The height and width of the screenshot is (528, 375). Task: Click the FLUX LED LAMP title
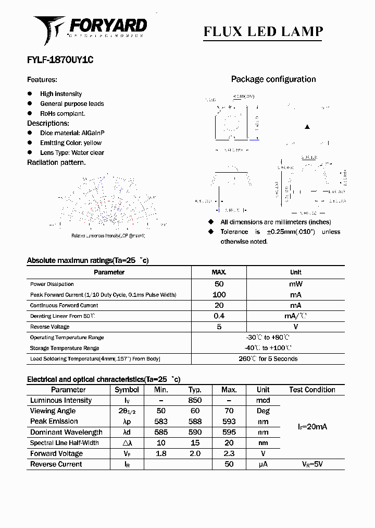(263, 32)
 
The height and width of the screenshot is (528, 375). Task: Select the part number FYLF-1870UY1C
(60, 60)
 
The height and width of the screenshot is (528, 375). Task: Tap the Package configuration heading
(273, 79)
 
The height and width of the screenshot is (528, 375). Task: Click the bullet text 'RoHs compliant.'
(63, 113)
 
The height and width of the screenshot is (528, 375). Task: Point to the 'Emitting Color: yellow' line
(71, 143)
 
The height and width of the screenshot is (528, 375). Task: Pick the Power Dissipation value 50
(219, 284)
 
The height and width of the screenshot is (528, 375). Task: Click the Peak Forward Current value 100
(219, 295)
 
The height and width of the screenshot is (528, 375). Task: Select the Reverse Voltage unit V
(295, 327)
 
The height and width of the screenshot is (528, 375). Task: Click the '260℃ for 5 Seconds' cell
(268, 359)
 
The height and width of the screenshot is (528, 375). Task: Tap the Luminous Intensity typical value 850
(195, 401)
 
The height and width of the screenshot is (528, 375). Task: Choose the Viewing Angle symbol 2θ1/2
(127, 411)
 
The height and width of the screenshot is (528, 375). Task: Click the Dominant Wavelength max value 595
(229, 433)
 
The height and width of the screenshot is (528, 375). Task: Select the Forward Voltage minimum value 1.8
(161, 454)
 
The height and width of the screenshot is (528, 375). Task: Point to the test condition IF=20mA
(312, 427)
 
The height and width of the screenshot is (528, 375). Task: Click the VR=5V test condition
(312, 464)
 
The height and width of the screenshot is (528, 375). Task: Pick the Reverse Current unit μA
(263, 464)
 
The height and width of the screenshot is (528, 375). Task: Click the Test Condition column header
(312, 390)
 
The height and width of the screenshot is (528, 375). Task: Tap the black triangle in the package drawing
(307, 127)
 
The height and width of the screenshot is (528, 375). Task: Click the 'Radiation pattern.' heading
(56, 162)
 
